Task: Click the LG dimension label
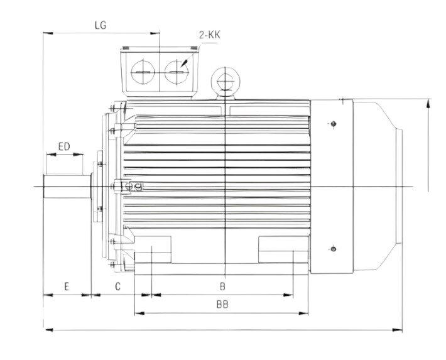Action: coord(99,26)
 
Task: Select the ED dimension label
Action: coord(63,146)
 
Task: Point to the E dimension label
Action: coord(66,286)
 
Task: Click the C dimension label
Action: coord(117,286)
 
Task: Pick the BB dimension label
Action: coord(222,304)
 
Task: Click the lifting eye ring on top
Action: coord(225,80)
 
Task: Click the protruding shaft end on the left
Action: coord(63,187)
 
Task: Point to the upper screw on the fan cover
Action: coord(334,123)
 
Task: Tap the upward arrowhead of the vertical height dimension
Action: coord(428,102)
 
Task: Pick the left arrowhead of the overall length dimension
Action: coord(46,329)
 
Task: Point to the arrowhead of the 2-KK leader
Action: coord(182,65)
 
